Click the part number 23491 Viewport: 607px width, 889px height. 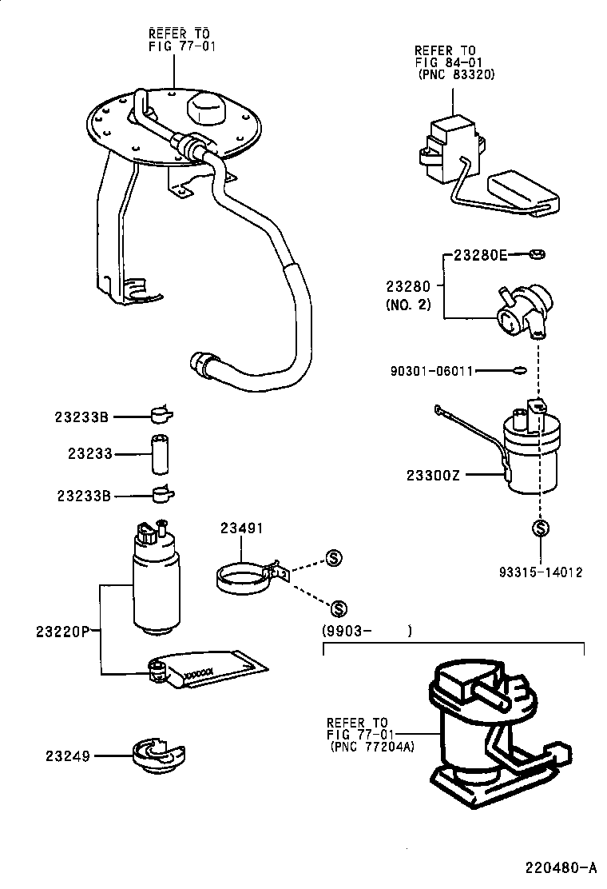[x=242, y=528]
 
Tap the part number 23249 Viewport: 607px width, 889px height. [x=67, y=755]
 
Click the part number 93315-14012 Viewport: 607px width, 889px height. [x=541, y=572]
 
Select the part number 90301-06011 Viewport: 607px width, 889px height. [x=432, y=371]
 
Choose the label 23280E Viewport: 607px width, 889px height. [x=481, y=256]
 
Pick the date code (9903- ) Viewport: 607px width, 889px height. [x=367, y=632]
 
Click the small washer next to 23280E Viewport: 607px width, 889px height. [x=537, y=256]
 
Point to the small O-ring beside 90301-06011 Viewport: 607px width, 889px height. [x=518, y=370]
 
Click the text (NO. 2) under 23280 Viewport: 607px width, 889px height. [x=408, y=305]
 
